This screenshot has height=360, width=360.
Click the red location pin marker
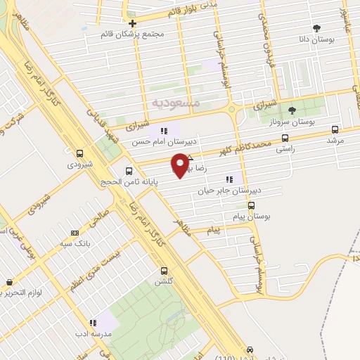tap(182, 164)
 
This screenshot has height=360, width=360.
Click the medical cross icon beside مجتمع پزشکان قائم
tap(131, 22)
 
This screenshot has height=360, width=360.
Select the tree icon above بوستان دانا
tap(317, 29)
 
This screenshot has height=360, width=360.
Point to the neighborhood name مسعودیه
tap(176, 102)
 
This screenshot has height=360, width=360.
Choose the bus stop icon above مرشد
tap(335, 129)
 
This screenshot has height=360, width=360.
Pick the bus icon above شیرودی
tap(79, 153)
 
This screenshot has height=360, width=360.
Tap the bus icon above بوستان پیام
tap(251, 206)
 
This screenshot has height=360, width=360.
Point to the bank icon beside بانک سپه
tap(75, 233)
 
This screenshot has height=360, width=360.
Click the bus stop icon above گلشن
tap(164, 271)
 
